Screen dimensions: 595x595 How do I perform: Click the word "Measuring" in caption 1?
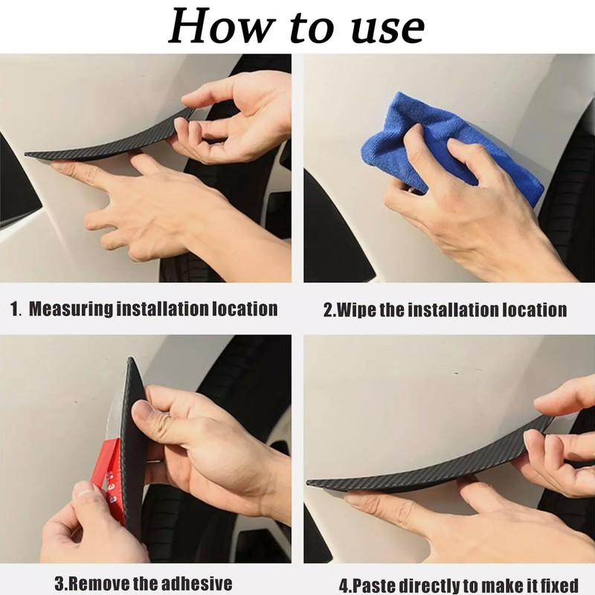pyautogui.click(x=70, y=309)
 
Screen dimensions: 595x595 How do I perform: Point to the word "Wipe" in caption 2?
pyautogui.click(x=358, y=309)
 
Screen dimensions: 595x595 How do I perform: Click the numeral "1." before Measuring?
pyautogui.click(x=16, y=309)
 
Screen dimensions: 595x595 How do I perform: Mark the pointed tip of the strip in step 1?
pyautogui.click(x=28, y=155)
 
